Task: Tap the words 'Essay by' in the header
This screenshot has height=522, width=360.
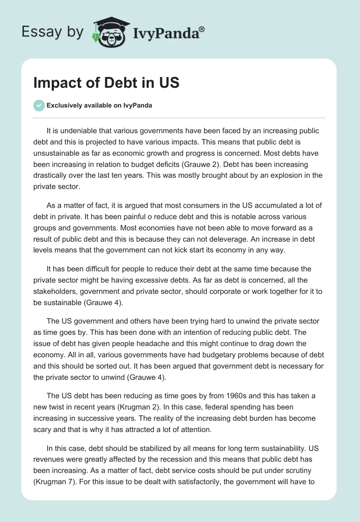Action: pos(52,31)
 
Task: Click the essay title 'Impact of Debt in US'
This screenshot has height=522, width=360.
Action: pos(106,83)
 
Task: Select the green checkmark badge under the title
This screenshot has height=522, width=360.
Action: pos(39,105)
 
